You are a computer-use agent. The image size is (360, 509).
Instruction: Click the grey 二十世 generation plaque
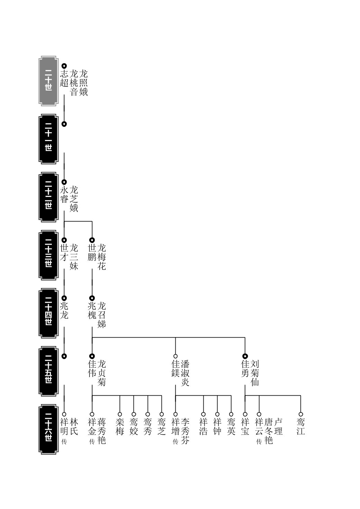(x=48, y=81)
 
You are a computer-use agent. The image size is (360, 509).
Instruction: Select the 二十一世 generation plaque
(x=48, y=139)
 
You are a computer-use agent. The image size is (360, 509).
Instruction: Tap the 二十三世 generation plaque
(x=48, y=255)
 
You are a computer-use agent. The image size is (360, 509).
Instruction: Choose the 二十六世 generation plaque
(x=48, y=429)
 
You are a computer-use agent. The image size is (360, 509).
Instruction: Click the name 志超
(x=64, y=78)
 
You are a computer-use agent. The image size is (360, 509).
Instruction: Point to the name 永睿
(x=64, y=195)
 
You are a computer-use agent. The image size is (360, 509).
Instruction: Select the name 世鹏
(x=92, y=253)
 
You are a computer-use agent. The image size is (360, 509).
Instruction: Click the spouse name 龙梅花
(x=102, y=257)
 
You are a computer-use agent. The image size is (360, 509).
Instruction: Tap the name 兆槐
(x=92, y=311)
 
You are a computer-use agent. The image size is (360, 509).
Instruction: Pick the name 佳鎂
(x=176, y=369)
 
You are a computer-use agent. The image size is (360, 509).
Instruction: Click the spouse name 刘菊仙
(x=255, y=373)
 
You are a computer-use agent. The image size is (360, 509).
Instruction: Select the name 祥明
(x=64, y=427)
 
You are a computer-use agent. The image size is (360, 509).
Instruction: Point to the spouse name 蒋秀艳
(x=102, y=431)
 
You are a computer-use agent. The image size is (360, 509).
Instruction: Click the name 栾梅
(x=120, y=427)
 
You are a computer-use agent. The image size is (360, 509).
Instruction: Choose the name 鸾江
(x=301, y=427)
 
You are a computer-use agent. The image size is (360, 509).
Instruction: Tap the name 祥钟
(x=218, y=427)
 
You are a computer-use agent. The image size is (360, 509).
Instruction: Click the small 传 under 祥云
(x=259, y=442)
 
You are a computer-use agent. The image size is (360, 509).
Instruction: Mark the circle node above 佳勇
(x=245, y=356)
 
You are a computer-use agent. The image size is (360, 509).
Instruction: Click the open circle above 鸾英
(x=231, y=414)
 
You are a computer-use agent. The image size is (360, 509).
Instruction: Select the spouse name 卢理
(x=278, y=427)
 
